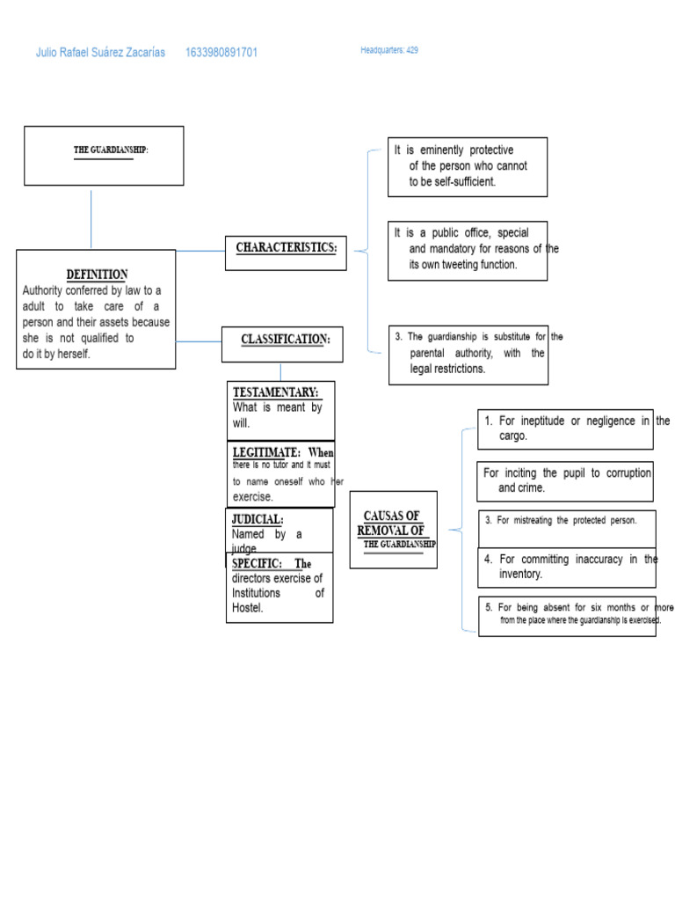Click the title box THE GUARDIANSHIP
(104, 155)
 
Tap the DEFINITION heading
(97, 275)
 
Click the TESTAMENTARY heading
(275, 392)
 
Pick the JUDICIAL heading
(258, 519)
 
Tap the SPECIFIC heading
(257, 564)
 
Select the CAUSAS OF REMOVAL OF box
(393, 528)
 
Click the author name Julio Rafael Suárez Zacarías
(100, 53)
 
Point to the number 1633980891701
(221, 53)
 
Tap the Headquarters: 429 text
(388, 51)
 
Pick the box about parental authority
(468, 354)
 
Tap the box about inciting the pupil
(566, 480)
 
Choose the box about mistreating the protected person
(566, 521)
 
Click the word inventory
(521, 575)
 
